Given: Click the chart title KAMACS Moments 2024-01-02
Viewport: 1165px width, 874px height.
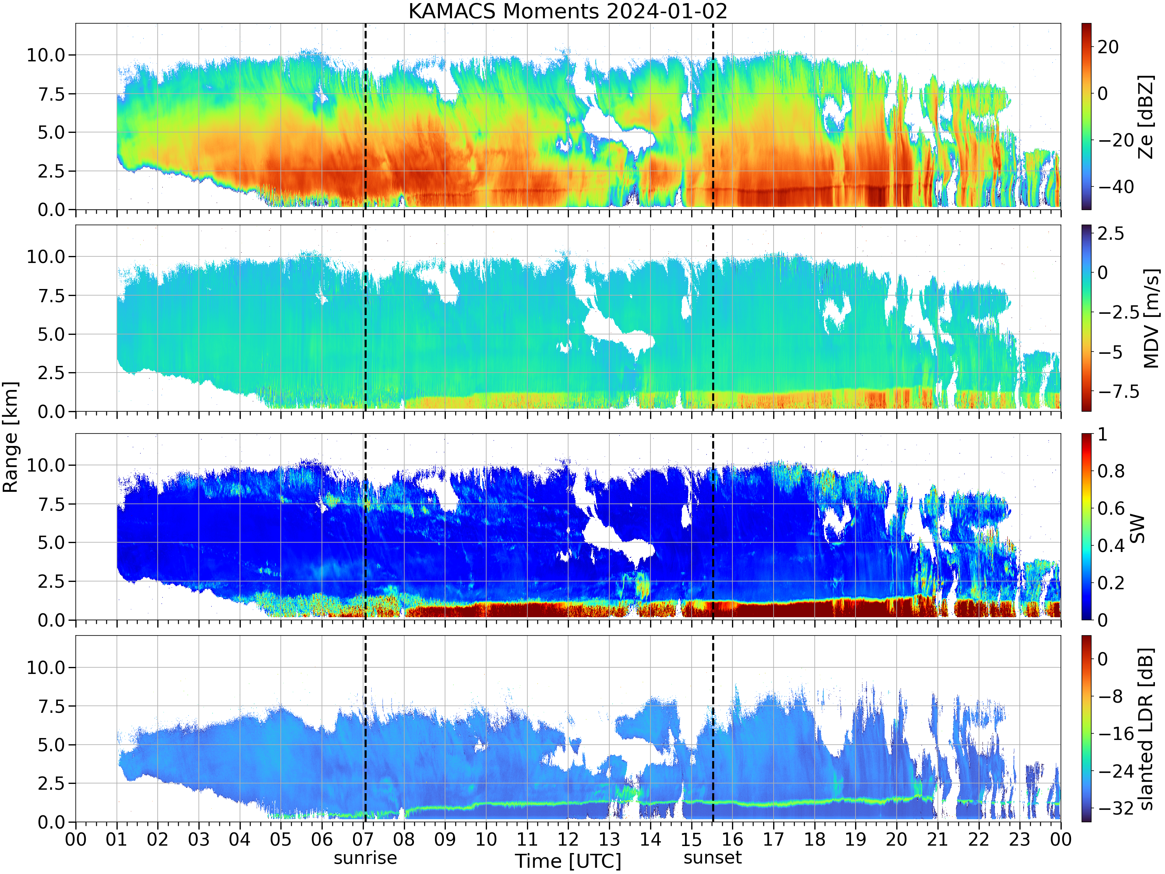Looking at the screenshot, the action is (568, 11).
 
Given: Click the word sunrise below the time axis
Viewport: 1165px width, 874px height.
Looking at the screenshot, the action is (365, 858).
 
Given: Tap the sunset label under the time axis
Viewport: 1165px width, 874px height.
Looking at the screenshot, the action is (713, 858).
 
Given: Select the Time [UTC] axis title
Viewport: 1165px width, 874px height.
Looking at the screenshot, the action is (568, 861).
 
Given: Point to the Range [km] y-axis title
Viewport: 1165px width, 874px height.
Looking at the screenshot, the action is (10, 437).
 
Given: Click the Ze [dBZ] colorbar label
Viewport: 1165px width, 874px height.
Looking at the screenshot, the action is (1146, 117).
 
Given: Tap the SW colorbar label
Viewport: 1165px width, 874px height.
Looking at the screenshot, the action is (1137, 528).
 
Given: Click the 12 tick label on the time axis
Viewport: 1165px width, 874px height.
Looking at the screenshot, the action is (568, 839).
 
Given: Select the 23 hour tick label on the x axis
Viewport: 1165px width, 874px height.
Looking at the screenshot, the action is (1020, 839).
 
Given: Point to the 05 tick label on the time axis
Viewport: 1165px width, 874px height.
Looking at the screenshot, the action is (281, 839).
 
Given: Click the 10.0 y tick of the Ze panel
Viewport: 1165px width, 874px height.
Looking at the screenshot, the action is (46, 55).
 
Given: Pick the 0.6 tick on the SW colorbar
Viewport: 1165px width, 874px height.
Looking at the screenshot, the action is (1111, 508).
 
